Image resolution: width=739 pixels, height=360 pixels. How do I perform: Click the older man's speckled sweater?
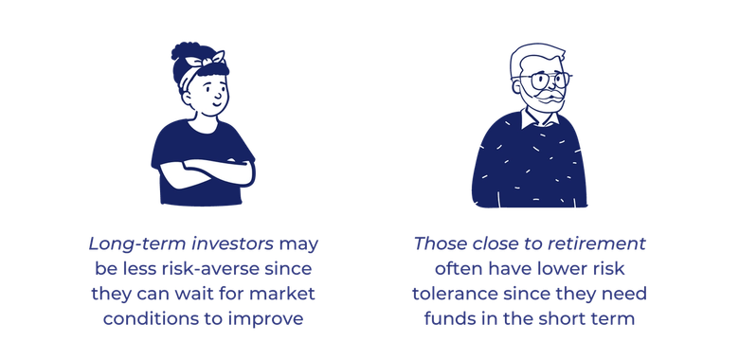[x=531, y=166]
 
